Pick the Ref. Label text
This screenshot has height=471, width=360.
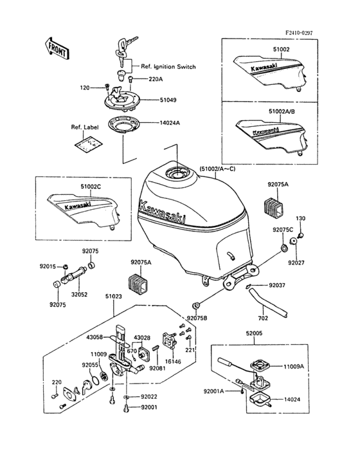pyautogui.click(x=85, y=127)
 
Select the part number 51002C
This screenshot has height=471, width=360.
pyautogui.click(x=91, y=187)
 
